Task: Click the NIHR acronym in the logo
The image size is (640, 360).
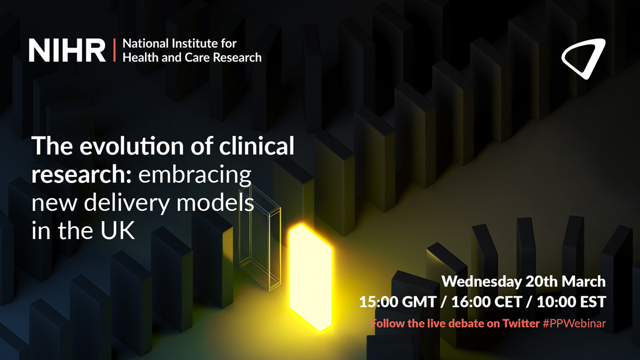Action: coord(67,50)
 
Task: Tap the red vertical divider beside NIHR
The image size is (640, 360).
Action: coord(114,50)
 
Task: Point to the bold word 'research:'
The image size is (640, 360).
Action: coord(83,175)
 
